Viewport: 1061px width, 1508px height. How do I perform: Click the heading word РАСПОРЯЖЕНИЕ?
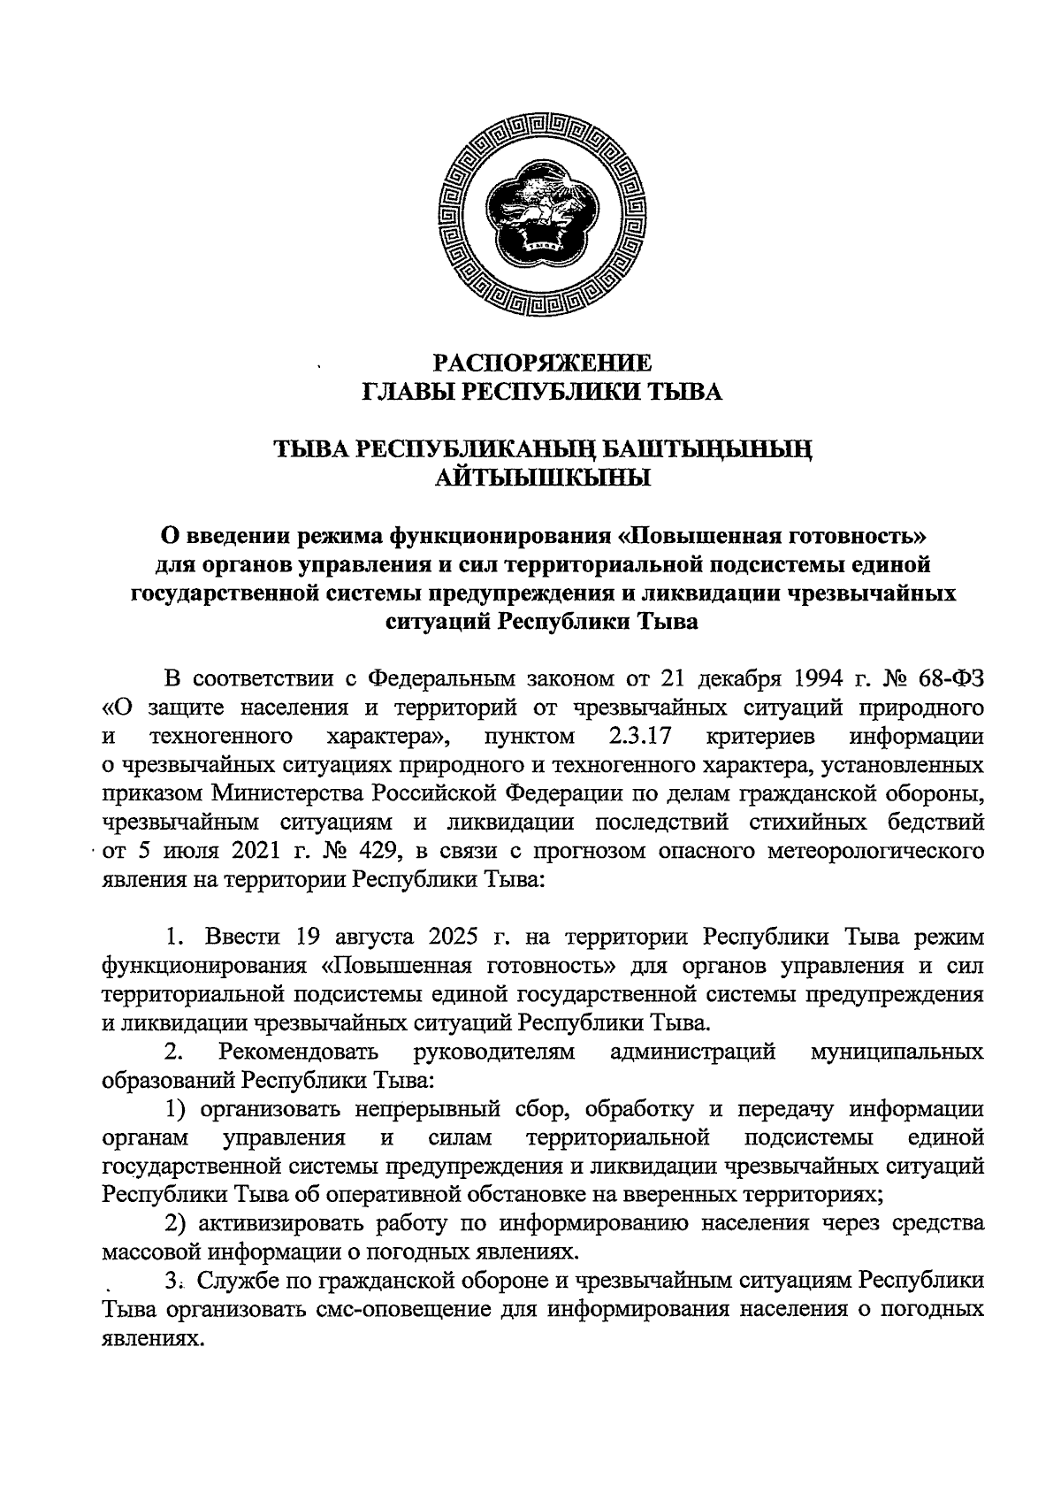[543, 364]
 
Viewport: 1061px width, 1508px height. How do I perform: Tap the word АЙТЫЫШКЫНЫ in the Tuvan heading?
[543, 478]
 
